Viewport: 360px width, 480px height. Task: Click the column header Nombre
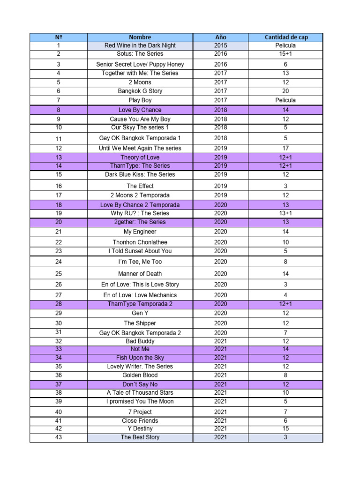(x=140, y=37)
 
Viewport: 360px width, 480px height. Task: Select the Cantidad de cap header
(x=285, y=37)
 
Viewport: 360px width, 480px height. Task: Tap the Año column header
(x=220, y=37)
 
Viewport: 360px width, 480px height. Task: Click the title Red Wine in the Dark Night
(x=140, y=45)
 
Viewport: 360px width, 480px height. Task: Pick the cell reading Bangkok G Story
(x=140, y=91)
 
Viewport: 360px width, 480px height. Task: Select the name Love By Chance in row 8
(x=140, y=110)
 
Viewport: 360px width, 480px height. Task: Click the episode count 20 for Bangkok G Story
(x=285, y=91)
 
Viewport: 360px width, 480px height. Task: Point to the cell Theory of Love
(x=140, y=157)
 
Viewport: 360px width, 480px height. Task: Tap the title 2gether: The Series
(x=140, y=222)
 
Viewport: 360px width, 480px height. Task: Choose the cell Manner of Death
(x=140, y=274)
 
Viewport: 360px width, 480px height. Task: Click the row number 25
(x=59, y=274)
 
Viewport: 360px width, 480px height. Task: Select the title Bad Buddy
(x=140, y=341)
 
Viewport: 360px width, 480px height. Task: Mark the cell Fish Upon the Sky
(x=140, y=358)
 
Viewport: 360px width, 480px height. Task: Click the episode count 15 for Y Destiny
(x=285, y=428)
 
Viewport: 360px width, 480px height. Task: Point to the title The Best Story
(x=140, y=437)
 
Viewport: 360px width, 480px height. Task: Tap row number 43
(x=59, y=437)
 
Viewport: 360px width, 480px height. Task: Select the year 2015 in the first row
(x=220, y=45)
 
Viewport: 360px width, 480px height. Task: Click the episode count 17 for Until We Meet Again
(x=285, y=148)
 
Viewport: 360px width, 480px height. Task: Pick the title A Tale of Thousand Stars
(x=140, y=392)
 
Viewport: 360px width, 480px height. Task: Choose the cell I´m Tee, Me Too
(x=140, y=262)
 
